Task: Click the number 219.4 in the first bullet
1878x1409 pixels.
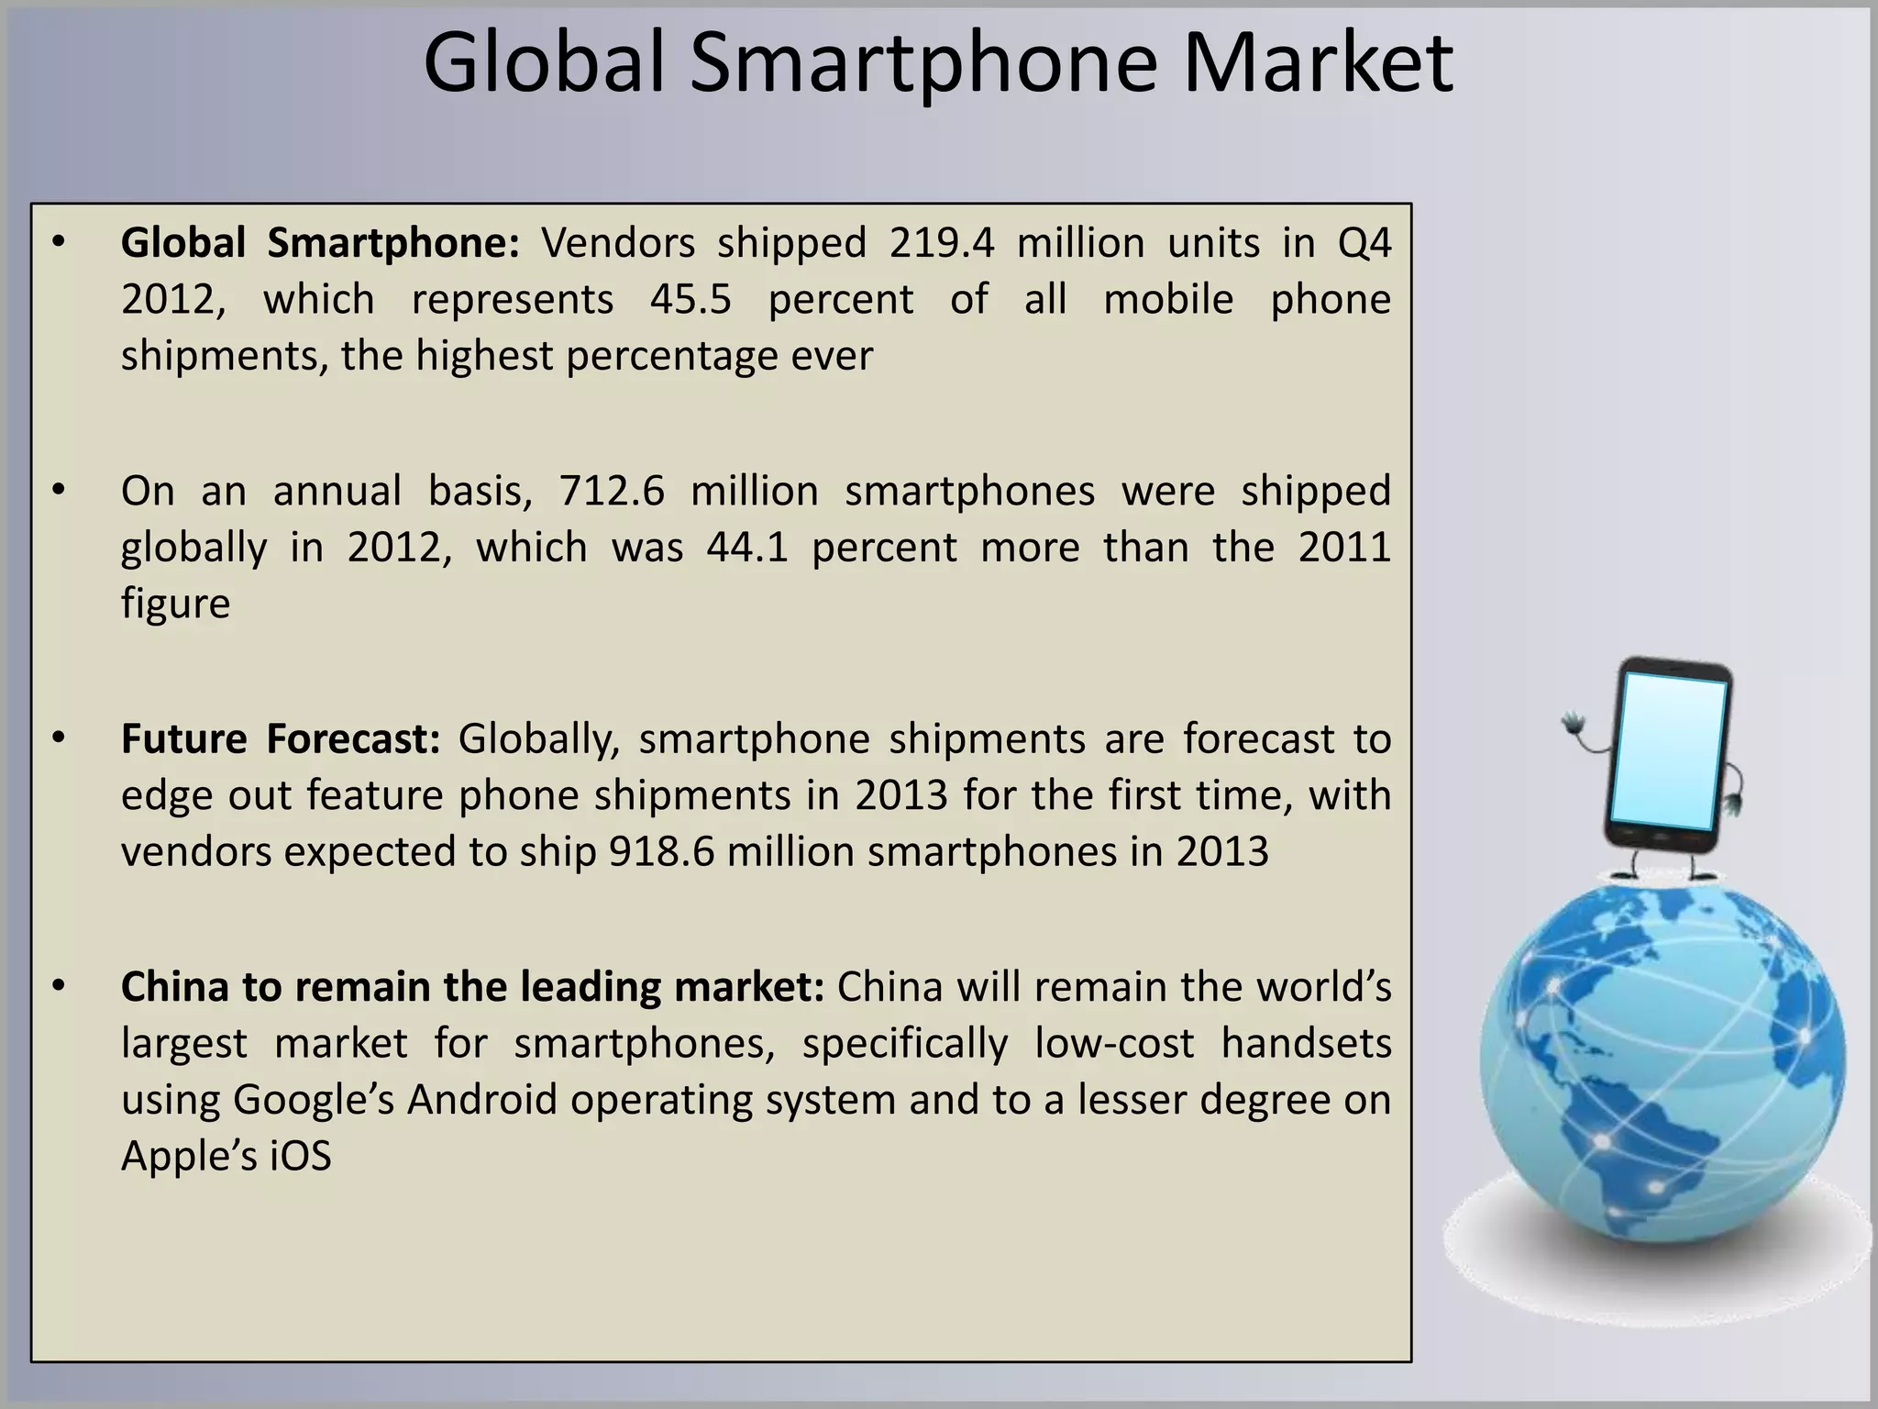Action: (x=941, y=244)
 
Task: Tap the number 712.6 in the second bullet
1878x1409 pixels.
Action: (x=612, y=492)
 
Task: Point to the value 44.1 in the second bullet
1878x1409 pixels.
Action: (x=747, y=548)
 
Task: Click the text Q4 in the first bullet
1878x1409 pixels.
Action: (x=1364, y=244)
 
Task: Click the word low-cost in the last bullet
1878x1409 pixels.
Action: (x=1114, y=1044)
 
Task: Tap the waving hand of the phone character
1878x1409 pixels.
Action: (x=1574, y=727)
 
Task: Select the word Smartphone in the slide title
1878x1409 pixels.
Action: (x=925, y=64)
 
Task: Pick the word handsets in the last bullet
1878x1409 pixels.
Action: (x=1306, y=1044)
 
